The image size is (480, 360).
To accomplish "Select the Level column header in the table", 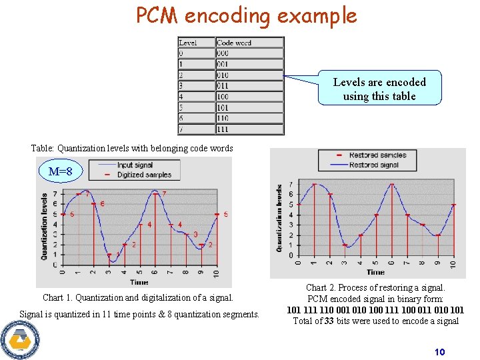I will [x=189, y=43].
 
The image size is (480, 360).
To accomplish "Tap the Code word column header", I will [x=234, y=43].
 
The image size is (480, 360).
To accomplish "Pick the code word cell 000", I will [x=223, y=53].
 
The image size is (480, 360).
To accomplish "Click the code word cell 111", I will [x=223, y=129].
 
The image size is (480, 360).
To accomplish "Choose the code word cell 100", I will [x=223, y=97].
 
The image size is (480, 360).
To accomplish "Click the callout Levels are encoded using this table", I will [x=379, y=89].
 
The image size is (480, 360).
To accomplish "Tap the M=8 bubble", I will [x=65, y=171].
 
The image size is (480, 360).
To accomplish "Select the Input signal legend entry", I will [x=135, y=165].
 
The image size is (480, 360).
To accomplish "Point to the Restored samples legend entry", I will [x=377, y=155].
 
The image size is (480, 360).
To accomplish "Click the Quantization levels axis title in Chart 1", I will [x=45, y=227].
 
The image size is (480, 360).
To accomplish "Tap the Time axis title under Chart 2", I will [x=375, y=272].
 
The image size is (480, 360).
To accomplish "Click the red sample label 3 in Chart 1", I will [x=195, y=234].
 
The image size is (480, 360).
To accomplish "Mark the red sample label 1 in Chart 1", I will [x=118, y=254].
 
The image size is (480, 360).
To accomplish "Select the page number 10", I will [x=439, y=352].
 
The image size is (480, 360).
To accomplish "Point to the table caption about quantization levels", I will [x=132, y=149].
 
